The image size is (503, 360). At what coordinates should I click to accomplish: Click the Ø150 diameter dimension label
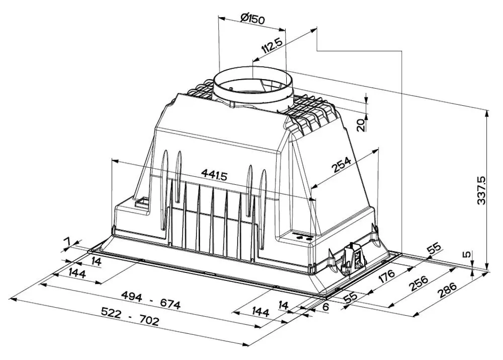pos(253,19)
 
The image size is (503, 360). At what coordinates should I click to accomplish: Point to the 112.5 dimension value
pos(272,45)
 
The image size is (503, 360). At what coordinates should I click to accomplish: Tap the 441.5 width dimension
pos(214,175)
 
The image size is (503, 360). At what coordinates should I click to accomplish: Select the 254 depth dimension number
pos(341,165)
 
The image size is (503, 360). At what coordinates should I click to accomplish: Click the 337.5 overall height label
pos(481,190)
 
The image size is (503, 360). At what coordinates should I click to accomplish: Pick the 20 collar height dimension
pos(361,124)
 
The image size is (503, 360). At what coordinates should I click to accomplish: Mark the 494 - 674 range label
pos(151,300)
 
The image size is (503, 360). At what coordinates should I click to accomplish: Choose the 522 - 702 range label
pos(130,316)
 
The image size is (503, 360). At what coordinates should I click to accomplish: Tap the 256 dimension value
pos(418,283)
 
